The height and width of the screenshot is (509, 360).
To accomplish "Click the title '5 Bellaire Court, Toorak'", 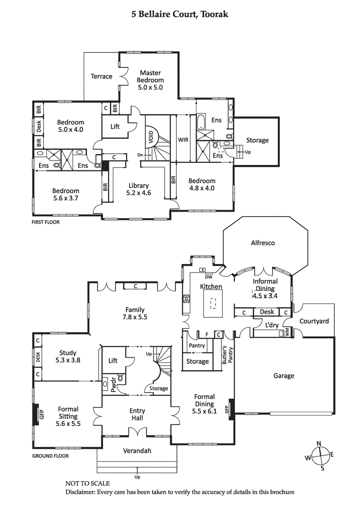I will [180, 14].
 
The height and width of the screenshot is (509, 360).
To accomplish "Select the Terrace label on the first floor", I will [101, 76].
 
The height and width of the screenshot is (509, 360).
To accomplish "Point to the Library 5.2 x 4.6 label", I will [139, 189].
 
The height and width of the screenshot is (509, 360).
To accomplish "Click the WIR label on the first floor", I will [183, 140].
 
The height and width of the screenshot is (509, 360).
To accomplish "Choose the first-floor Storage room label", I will [257, 140].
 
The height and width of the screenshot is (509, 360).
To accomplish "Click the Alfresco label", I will [263, 243].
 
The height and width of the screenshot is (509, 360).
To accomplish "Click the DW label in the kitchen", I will [208, 277].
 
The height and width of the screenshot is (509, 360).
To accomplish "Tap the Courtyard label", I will [314, 321].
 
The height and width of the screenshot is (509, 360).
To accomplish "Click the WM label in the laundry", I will [286, 333].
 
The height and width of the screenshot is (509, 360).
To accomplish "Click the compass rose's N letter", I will [319, 444].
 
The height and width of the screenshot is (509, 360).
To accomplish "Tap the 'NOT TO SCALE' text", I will [87, 483].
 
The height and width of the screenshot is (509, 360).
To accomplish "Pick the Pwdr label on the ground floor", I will [106, 385].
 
